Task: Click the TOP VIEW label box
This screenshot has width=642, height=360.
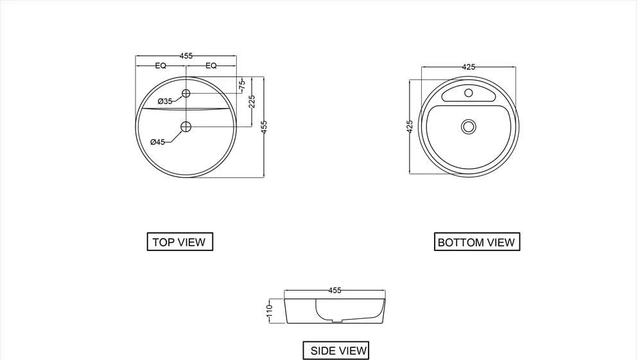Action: [180, 242]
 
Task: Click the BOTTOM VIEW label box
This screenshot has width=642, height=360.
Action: [477, 242]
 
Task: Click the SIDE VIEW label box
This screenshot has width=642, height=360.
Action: [336, 350]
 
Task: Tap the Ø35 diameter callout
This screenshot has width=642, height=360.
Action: [166, 101]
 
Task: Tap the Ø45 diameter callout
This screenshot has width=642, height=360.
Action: [158, 142]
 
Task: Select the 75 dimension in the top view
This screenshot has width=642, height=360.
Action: [242, 85]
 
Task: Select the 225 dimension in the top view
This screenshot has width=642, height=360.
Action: [252, 101]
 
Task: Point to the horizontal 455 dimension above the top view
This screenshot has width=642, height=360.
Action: [186, 56]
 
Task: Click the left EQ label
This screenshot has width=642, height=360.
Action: [160, 65]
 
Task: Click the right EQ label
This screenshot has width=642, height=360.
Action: [211, 65]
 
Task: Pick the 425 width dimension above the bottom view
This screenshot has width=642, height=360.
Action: [469, 67]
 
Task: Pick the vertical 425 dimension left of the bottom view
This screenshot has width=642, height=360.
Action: [410, 127]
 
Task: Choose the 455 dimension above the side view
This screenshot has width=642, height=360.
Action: [335, 291]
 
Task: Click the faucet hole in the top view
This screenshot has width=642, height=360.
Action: [186, 93]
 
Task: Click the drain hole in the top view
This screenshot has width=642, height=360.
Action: [186, 127]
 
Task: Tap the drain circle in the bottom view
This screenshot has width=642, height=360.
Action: [469, 126]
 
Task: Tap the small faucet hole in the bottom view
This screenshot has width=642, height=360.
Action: [469, 93]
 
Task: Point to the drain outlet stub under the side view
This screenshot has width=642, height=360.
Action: [336, 322]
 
